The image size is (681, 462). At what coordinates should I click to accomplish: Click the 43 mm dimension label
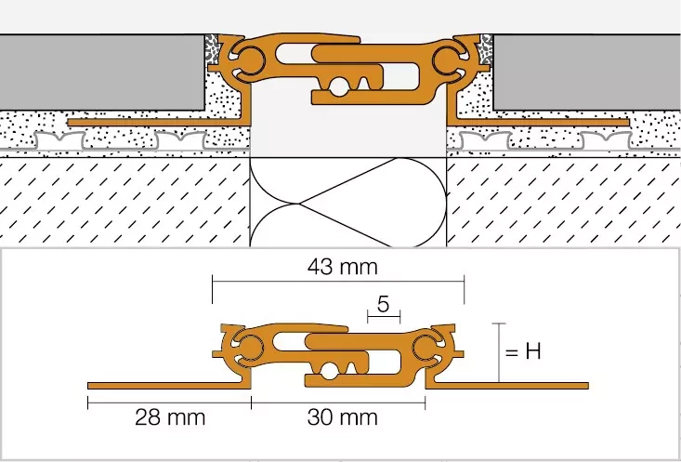[342, 268]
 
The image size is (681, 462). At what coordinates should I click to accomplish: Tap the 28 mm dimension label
[170, 417]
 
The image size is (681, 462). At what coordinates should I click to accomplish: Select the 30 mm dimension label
[342, 417]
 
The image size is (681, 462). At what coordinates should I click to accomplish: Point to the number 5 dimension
[383, 305]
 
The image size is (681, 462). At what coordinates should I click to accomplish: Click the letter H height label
[533, 351]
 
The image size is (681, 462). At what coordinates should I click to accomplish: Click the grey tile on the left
[102, 73]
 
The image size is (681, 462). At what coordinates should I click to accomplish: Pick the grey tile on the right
[587, 73]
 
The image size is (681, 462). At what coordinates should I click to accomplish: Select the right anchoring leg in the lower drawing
[507, 386]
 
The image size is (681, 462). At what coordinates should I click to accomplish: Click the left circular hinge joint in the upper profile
[248, 59]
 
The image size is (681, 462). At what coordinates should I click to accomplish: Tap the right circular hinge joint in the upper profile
[448, 59]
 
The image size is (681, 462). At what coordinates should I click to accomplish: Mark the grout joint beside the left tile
[212, 49]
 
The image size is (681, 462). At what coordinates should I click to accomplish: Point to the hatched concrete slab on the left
[124, 201]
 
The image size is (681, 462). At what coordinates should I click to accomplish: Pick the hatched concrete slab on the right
[564, 201]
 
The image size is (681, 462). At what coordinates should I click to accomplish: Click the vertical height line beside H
[499, 352]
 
